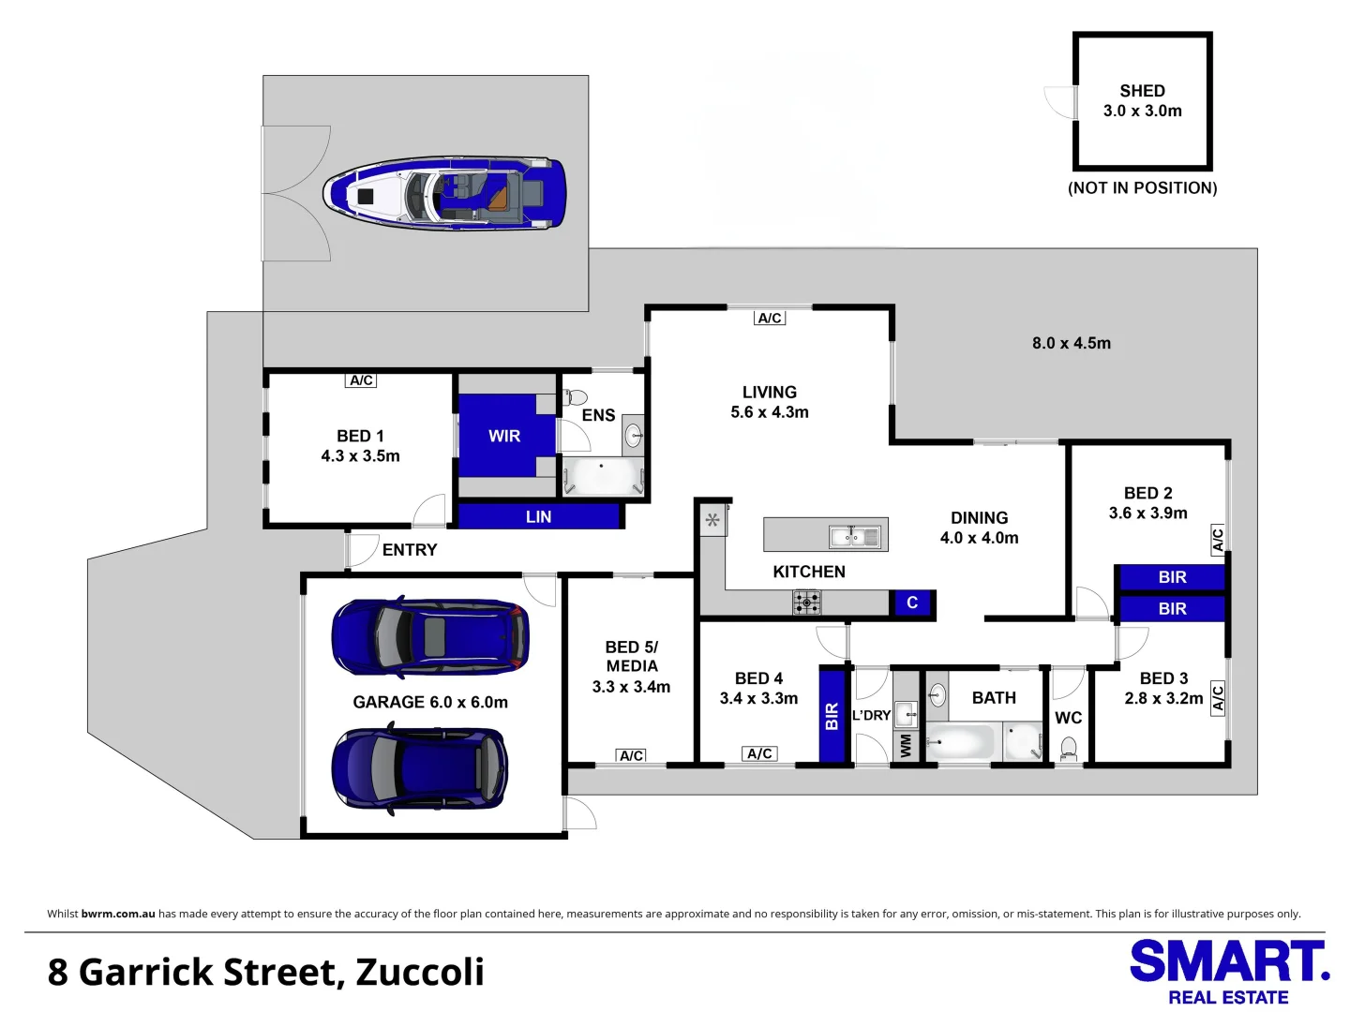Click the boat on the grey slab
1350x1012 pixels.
(x=445, y=194)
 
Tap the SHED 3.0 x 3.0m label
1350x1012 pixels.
(x=1142, y=101)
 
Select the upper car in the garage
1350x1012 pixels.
(x=430, y=637)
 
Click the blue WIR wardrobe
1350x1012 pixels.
(x=503, y=436)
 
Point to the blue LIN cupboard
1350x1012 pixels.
(x=539, y=516)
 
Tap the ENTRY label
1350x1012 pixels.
(x=410, y=550)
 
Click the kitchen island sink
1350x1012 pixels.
(x=854, y=537)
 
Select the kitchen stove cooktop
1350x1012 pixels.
(x=806, y=602)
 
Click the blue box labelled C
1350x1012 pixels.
(x=912, y=603)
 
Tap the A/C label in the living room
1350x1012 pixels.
(x=770, y=319)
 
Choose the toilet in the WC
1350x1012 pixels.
(x=1068, y=748)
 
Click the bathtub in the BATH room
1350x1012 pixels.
(x=960, y=743)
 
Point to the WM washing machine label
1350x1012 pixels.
(x=906, y=746)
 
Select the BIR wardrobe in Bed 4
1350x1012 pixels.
(x=832, y=716)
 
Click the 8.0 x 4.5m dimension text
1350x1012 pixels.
(x=1071, y=343)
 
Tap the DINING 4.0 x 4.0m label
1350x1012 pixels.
(x=979, y=528)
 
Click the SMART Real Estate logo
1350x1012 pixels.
(x=1228, y=972)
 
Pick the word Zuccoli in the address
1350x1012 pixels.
(x=420, y=973)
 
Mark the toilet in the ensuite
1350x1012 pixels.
(x=576, y=398)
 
